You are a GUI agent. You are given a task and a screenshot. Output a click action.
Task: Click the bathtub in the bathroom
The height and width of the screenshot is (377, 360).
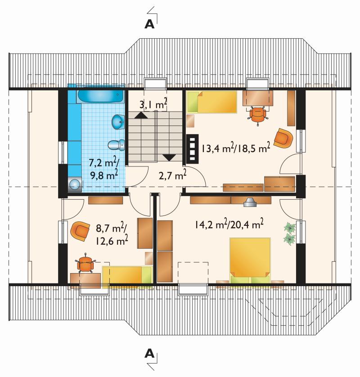pos(100,97)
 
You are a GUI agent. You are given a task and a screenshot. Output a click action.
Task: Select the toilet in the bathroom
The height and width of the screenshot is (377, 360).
pos(116,145)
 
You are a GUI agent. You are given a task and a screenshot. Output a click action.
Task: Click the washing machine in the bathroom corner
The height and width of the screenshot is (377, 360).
pos(75,184)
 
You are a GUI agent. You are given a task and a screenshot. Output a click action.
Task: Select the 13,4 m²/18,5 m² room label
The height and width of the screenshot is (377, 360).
pos(236,148)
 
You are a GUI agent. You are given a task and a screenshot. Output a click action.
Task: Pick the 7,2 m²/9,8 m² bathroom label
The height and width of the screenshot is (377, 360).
pos(104,169)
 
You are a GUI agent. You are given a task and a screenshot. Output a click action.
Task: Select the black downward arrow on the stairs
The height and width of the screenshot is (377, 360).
pos(169,157)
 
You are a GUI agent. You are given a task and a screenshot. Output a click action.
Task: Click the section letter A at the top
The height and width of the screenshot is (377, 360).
pos(149,24)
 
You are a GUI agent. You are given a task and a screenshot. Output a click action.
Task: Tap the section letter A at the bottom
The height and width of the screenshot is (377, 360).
pos(149,354)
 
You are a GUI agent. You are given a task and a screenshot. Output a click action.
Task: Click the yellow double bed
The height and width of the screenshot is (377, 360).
pos(250,260)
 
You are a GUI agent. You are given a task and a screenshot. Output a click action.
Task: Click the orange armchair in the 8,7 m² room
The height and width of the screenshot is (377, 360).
pos(79,231)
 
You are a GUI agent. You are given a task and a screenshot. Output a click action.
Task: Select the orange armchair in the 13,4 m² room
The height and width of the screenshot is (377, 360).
pos(283,138)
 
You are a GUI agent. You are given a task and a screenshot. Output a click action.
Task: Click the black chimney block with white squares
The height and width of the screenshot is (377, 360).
pos(192,148)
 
